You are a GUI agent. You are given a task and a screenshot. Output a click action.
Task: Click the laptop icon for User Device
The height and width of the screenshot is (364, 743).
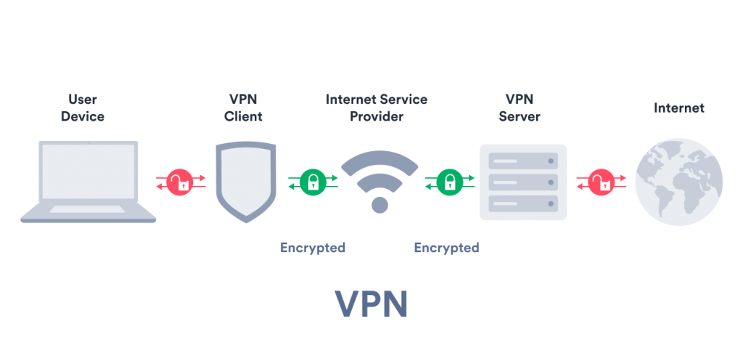point(88,182)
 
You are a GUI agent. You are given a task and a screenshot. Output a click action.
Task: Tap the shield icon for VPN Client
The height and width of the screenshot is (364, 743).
point(245,181)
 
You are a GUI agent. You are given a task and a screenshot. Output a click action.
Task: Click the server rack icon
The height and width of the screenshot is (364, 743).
point(522,182)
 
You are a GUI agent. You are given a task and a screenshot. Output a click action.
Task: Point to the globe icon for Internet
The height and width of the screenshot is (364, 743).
point(678,181)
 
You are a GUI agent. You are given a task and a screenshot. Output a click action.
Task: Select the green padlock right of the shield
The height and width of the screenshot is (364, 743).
point(313,182)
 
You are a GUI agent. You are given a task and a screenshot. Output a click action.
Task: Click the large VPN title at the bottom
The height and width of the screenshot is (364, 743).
point(371,304)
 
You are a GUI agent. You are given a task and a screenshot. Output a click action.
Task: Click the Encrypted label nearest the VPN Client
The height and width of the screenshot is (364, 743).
point(313,248)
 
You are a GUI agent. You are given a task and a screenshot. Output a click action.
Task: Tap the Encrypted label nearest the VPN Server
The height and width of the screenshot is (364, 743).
point(446,248)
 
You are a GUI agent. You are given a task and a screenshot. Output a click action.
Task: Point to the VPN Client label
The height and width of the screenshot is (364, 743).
point(243,108)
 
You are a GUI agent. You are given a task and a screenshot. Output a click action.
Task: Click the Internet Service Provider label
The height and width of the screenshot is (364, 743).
point(377,108)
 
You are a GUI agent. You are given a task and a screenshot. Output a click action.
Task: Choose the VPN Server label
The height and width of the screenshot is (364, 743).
point(519,108)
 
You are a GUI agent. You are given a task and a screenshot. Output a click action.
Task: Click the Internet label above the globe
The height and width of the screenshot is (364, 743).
point(678,108)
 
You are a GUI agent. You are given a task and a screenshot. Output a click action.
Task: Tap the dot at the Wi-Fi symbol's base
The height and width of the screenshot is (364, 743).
point(379,205)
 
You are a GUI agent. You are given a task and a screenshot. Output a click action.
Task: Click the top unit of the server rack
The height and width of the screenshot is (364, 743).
point(522,159)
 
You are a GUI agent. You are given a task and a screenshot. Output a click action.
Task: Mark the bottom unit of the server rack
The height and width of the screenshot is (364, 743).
point(522,204)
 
